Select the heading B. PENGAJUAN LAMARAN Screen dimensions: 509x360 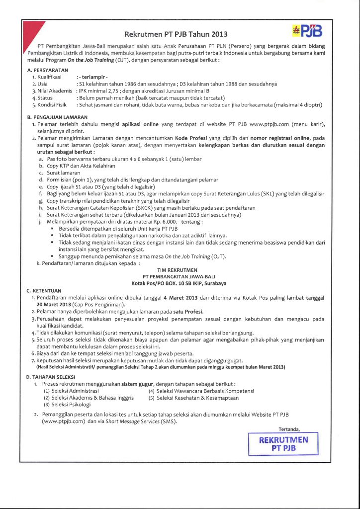[x=57, y=117]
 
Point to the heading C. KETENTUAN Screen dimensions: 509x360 [x=44, y=290]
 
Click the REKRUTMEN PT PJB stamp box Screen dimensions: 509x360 [x=283, y=443]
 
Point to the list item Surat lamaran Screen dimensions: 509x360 [x=59, y=172]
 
